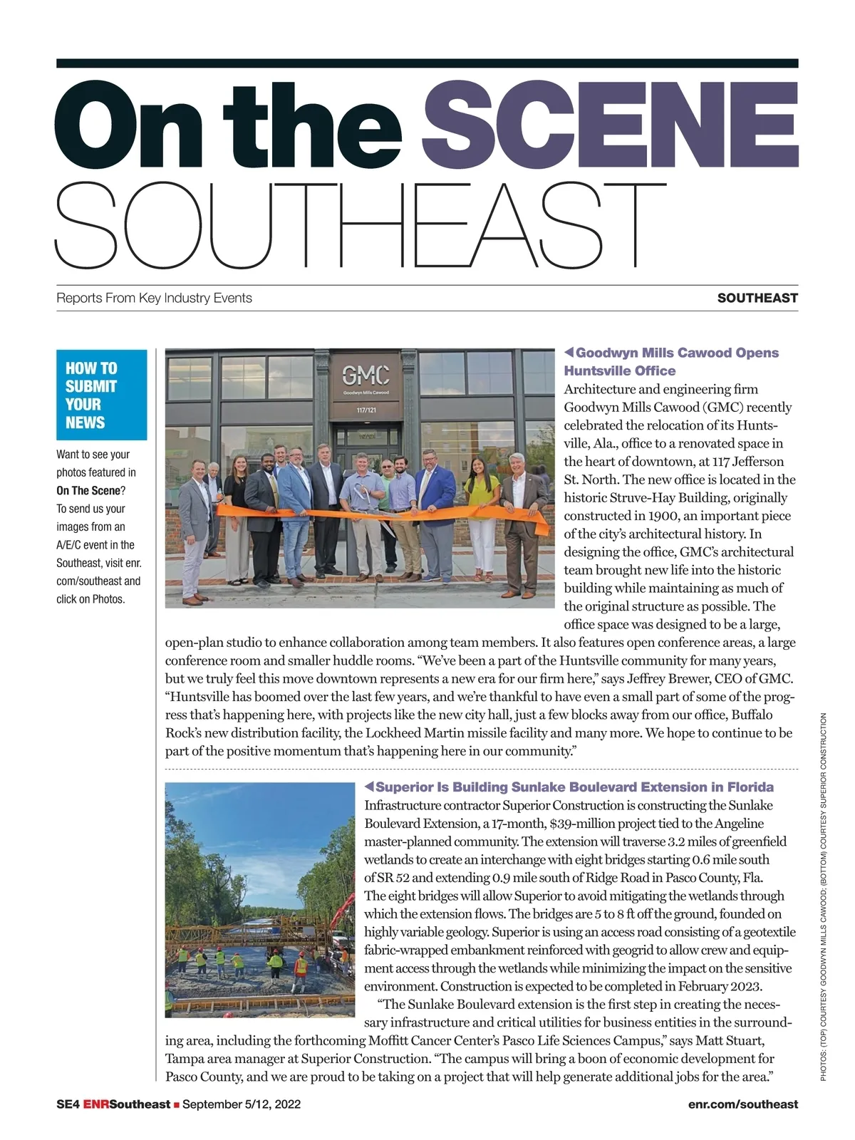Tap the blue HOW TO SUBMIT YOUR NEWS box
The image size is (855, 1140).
tap(101, 395)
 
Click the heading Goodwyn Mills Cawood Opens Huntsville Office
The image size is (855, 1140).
tap(671, 361)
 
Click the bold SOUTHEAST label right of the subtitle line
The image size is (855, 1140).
tap(757, 298)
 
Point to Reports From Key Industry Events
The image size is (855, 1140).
tap(154, 298)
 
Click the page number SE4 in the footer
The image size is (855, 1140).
tap(68, 1104)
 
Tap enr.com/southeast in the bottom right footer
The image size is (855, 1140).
tap(743, 1104)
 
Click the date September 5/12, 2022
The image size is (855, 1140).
tap(242, 1104)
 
